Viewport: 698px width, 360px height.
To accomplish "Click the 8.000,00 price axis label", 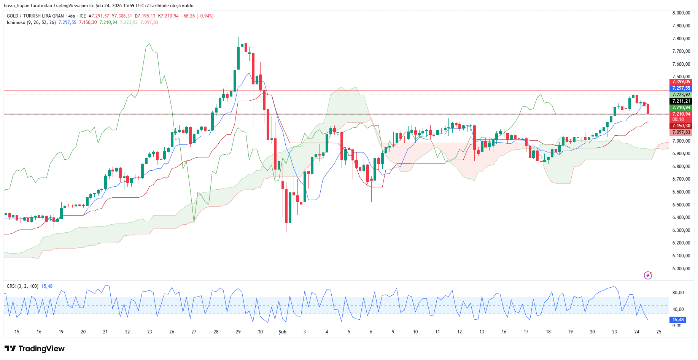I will [x=681, y=13].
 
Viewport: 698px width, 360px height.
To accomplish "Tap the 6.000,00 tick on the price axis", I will [x=681, y=269].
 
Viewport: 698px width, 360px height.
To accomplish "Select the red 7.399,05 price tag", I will [x=681, y=82].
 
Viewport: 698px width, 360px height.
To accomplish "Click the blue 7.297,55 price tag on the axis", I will [x=681, y=88].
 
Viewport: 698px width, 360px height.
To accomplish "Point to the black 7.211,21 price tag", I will [x=681, y=101].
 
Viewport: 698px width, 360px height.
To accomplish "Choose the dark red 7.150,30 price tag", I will [x=681, y=126].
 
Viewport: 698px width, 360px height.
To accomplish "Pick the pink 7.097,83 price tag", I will [x=681, y=132].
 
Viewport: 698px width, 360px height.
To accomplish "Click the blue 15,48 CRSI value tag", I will [x=678, y=320].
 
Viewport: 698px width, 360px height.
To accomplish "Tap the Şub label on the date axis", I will [x=282, y=332].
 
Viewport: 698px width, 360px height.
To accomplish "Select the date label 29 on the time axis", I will [x=238, y=332].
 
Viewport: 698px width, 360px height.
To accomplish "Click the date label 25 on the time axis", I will [x=659, y=332].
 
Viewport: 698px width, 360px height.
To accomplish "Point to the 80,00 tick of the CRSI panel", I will [x=678, y=293].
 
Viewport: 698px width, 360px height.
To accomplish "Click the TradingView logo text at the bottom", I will [x=41, y=349].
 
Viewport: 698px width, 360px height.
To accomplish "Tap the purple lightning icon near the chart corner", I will [x=648, y=275].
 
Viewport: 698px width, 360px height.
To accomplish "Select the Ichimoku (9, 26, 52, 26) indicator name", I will [x=31, y=22].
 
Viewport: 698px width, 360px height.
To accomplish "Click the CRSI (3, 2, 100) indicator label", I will [x=22, y=286].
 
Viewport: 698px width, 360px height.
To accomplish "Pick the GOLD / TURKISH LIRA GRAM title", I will [x=35, y=16].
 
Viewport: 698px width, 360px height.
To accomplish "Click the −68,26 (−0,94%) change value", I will [x=197, y=16].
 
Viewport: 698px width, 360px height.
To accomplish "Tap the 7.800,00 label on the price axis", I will [x=681, y=39].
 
